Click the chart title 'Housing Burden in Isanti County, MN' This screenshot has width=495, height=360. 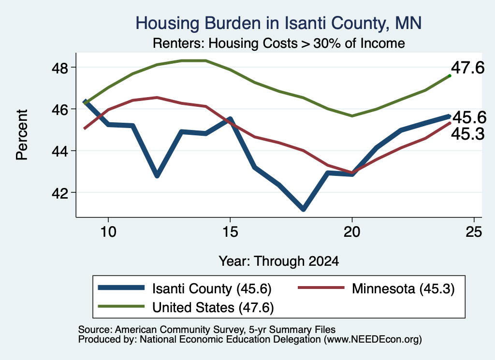(278, 23)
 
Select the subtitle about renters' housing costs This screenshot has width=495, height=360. (279, 43)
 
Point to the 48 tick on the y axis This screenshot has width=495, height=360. (59, 68)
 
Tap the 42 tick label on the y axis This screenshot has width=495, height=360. (59, 193)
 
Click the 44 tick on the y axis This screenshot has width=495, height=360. (59, 151)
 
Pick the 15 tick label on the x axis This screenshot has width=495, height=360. (230, 232)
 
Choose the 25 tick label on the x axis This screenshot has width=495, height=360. (474, 232)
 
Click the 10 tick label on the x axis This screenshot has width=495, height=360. (108, 232)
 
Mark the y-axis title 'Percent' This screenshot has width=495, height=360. (22, 135)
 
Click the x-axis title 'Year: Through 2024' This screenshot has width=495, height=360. (279, 261)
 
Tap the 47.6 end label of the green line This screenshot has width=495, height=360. (467, 68)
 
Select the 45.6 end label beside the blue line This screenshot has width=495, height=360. (469, 118)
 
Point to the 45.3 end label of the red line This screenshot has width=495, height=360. (467, 134)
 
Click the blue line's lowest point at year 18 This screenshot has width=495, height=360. (303, 209)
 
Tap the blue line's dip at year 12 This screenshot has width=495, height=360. (157, 175)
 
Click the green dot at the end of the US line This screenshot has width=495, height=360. (450, 76)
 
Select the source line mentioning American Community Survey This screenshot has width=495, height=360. (207, 330)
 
